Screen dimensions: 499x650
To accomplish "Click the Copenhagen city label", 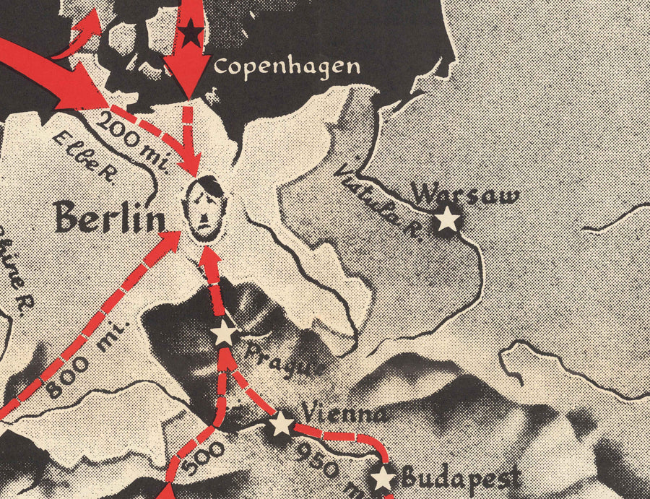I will pos(287,67).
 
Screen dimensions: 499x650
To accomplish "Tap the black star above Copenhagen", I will pos(190,33).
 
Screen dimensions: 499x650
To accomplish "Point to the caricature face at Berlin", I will pos(206,209).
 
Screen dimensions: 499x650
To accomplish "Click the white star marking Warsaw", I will pos(448,218).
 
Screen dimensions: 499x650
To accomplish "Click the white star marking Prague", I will pos(224,334).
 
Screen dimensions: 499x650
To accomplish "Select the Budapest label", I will pos(460,477).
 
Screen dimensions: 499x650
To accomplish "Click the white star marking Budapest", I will pos(383,479).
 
